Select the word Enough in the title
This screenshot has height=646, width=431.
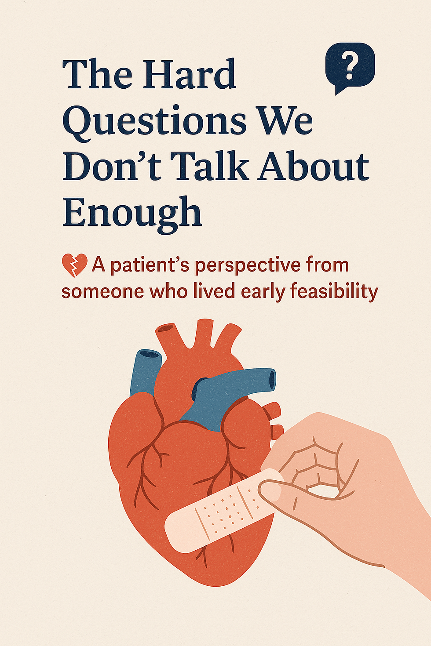point(132,213)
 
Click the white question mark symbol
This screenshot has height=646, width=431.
point(350,67)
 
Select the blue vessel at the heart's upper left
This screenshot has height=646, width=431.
point(145,369)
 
